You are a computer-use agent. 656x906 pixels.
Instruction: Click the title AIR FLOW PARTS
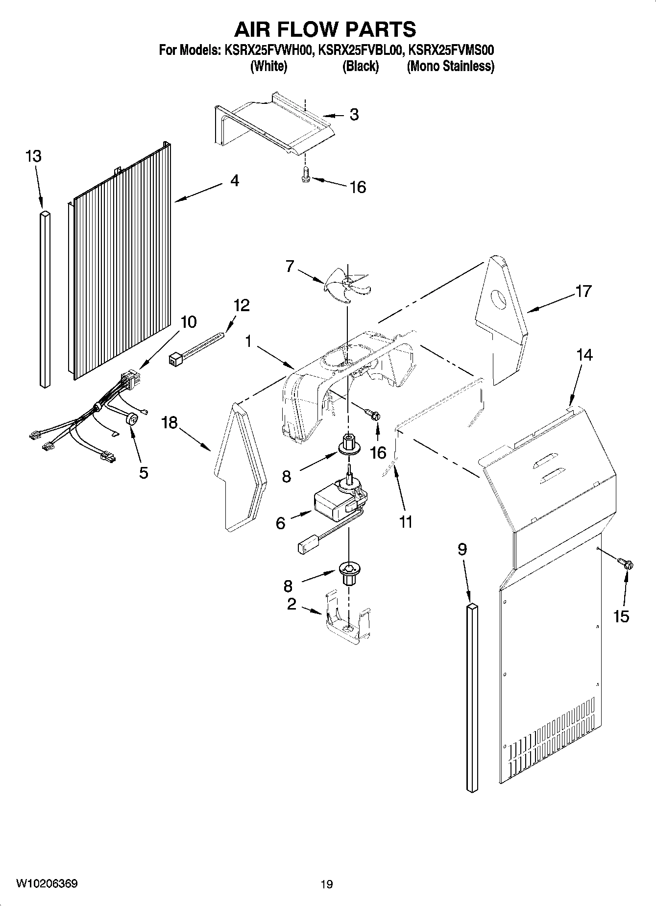tap(325, 29)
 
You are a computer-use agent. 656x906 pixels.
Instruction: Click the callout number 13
tap(33, 157)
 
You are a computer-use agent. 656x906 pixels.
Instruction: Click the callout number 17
tap(583, 291)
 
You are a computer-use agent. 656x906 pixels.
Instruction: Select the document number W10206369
tap(47, 883)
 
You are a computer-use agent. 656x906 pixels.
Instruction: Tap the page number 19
tap(327, 884)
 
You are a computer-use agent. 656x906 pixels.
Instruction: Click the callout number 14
tap(584, 354)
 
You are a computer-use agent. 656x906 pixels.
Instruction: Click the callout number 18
tap(170, 422)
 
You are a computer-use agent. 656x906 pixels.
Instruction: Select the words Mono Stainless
tap(450, 66)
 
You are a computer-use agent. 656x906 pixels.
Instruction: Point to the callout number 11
tap(406, 522)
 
